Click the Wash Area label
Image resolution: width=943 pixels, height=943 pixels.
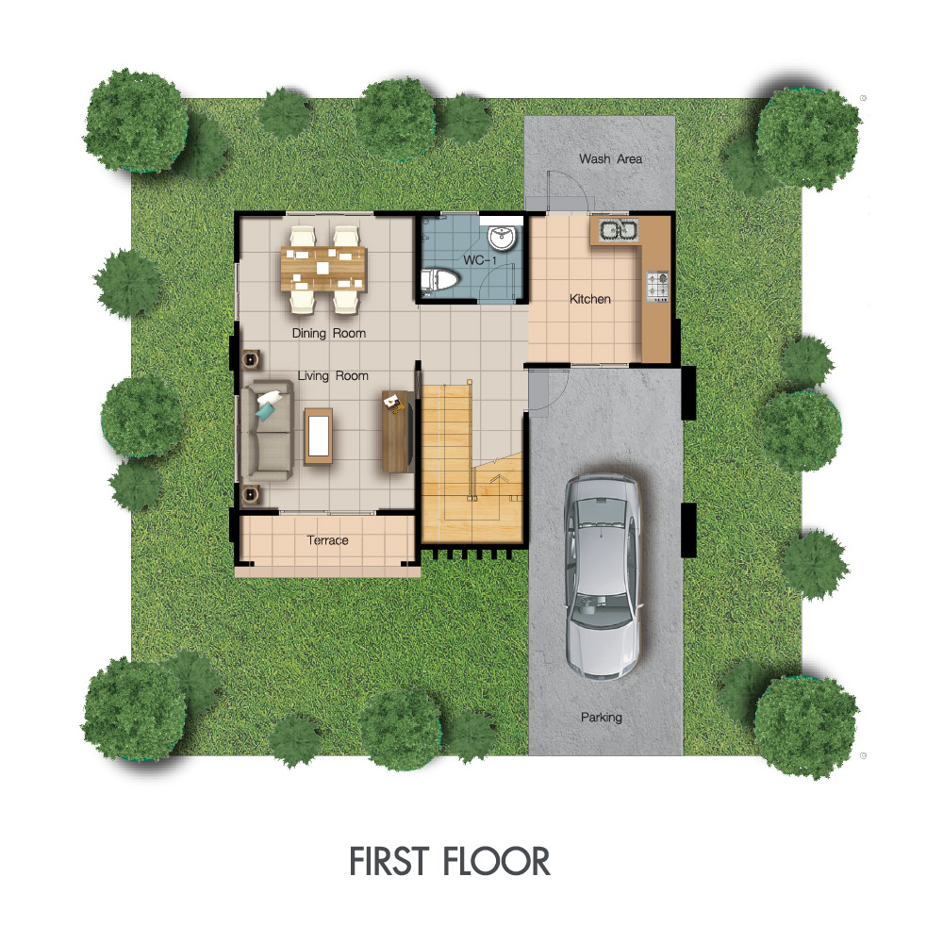point(610,158)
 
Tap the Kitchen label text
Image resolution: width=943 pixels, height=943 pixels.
point(590,299)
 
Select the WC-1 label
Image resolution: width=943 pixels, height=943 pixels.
point(479,260)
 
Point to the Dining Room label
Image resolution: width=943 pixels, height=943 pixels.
point(329,333)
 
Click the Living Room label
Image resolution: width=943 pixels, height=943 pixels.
point(333,376)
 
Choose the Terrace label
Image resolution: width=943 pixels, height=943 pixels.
point(328,540)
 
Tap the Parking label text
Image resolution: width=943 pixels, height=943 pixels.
point(602,717)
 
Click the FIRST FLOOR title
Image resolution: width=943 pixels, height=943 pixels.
point(450,861)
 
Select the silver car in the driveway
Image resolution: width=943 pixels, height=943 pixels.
point(603,577)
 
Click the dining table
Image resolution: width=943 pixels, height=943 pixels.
point(323,269)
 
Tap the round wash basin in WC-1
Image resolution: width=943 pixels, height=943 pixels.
point(502,237)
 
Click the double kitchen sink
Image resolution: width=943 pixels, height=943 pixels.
point(619,230)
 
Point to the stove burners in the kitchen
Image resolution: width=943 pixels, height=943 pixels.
point(657,287)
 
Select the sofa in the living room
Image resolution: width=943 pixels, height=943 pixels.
point(267,430)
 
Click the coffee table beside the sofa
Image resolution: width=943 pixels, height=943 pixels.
point(318,436)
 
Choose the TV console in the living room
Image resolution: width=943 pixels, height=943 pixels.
point(397,431)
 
